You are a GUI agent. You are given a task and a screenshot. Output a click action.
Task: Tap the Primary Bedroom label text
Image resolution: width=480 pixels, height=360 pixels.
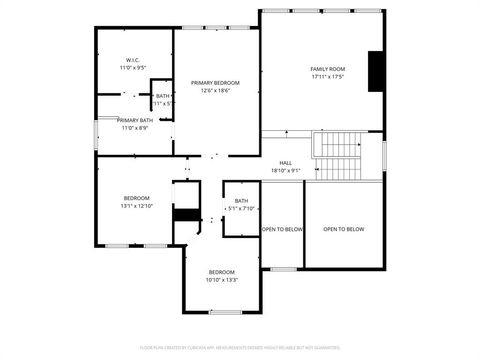pos(215,82)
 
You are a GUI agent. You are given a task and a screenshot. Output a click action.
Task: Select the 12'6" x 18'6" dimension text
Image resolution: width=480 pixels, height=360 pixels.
pos(215,90)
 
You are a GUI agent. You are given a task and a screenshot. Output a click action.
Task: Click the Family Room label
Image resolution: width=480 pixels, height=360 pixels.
pos(328,68)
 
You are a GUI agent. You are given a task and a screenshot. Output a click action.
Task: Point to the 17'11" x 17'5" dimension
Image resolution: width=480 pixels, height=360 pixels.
pos(328,76)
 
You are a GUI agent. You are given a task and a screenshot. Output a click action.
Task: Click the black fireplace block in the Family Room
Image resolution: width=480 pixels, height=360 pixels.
pos(376,70)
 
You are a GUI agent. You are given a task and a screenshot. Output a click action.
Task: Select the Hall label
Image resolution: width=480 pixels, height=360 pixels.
pos(286,162)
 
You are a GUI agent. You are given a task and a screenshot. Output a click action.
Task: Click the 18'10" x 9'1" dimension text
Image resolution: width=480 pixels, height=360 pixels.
pos(286,170)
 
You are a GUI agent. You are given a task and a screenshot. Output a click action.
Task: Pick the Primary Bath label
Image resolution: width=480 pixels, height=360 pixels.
pos(134,119)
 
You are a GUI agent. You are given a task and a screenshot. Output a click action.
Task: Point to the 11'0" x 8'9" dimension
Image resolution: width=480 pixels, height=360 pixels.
pos(134,127)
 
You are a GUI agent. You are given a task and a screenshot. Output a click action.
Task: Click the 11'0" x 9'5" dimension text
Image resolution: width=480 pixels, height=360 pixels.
pos(133,67)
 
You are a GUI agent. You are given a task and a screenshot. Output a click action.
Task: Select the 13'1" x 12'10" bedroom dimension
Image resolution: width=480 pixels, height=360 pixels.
pos(136,205)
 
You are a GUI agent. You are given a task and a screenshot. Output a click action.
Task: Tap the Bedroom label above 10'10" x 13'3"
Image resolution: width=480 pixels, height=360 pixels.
pos(221,272)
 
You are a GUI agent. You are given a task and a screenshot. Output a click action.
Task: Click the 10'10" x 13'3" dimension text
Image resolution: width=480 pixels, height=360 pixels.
pos(221,280)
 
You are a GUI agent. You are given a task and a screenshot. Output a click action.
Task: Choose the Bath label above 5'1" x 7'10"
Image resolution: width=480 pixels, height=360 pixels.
pos(241,200)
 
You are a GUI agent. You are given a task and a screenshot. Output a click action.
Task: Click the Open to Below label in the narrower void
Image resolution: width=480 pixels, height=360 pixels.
pos(282,229)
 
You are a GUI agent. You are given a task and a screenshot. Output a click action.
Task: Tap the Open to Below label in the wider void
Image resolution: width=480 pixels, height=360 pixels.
pos(343,229)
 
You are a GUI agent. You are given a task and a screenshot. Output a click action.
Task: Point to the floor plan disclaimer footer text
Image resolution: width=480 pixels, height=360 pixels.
pos(240,348)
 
